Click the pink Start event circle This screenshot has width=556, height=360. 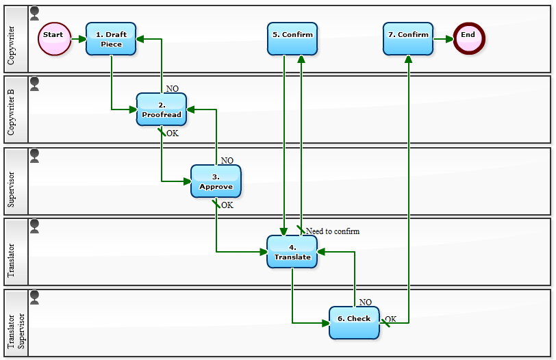click(x=54, y=38)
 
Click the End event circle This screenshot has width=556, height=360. click(x=468, y=38)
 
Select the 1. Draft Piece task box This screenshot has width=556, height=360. click(x=111, y=39)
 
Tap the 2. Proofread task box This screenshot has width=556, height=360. click(x=162, y=110)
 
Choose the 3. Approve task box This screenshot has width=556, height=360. click(x=216, y=181)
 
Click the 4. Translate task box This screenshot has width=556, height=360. click(x=292, y=251)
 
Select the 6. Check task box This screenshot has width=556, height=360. click(x=354, y=322)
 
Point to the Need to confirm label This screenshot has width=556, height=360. click(x=332, y=231)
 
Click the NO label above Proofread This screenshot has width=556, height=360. click(x=172, y=89)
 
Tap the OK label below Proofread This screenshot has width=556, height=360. click(x=173, y=133)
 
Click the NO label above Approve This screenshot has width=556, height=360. click(x=227, y=161)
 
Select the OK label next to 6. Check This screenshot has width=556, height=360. click(x=390, y=319)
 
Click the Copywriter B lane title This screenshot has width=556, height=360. click(x=12, y=110)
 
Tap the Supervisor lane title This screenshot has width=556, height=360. click(x=12, y=181)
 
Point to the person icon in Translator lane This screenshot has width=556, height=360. click(x=34, y=226)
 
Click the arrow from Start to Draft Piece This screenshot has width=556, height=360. click(x=78, y=39)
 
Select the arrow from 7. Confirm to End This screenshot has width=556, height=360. click(x=443, y=39)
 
